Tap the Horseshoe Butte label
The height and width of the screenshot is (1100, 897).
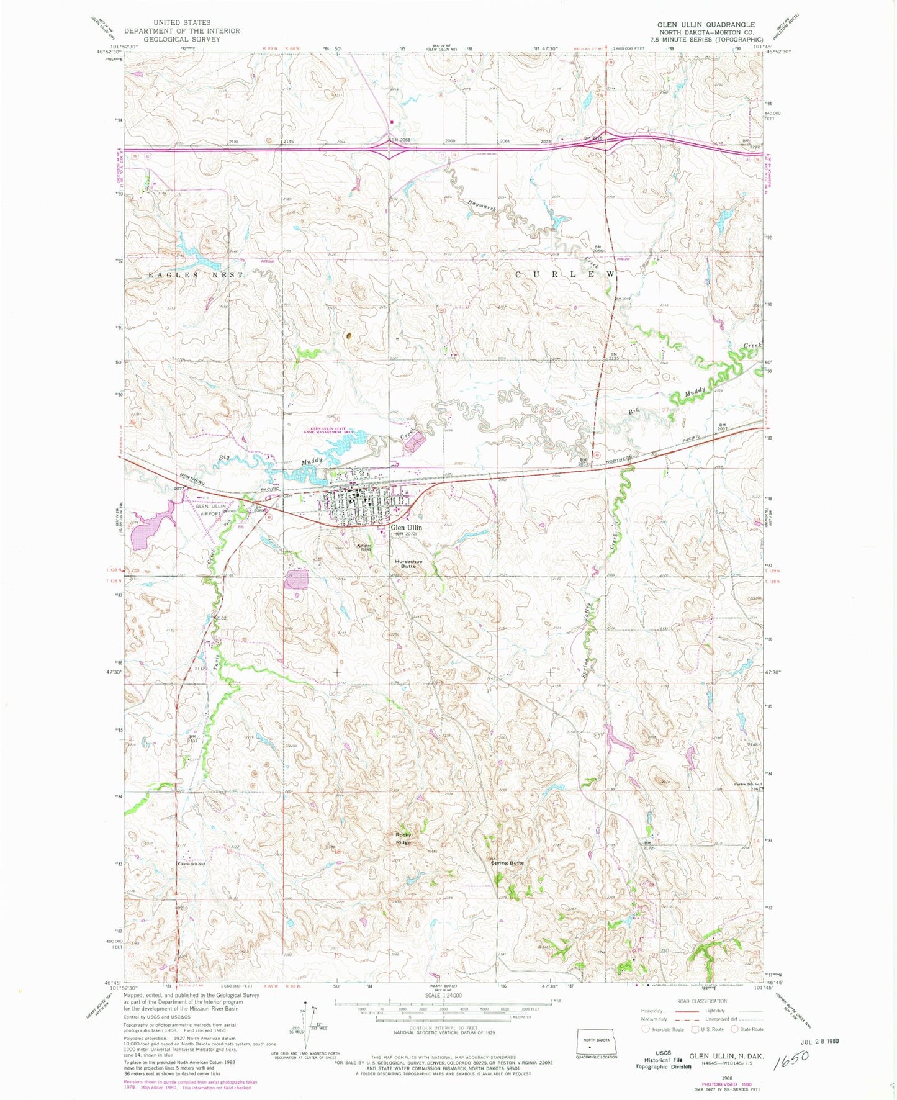tap(408, 564)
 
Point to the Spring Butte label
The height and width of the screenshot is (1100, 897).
tap(507, 863)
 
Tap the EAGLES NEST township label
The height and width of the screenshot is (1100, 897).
tap(196, 274)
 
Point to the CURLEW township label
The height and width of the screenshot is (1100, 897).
tap(565, 274)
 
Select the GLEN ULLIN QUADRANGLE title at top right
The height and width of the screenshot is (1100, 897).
tap(697, 24)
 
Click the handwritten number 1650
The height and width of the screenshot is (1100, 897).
tap(792, 1058)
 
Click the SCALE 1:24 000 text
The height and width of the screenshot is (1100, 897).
tap(443, 1012)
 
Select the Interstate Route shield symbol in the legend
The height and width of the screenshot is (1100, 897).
tap(646, 1029)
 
